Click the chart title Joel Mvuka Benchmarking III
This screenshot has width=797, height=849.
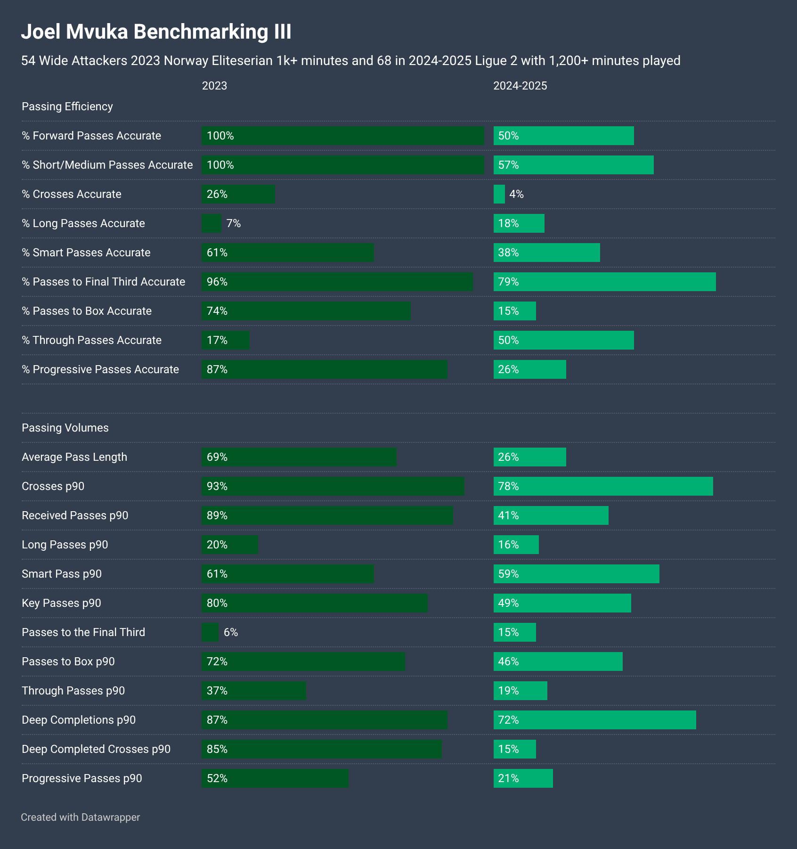pos(156,32)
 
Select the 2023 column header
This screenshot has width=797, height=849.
pos(214,86)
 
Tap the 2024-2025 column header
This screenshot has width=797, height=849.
pos(520,86)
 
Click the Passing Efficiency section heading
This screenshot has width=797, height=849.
pos(67,106)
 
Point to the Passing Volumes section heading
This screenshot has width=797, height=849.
pos(65,428)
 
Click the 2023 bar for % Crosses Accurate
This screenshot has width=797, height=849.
pos(238,194)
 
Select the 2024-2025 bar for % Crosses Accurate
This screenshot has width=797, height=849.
pos(499,194)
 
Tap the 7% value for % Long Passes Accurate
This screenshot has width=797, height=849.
pos(234,223)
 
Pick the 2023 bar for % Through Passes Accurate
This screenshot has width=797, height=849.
pos(226,340)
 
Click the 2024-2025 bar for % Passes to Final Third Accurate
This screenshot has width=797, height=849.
pos(604,282)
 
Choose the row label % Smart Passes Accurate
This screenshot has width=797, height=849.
pos(86,253)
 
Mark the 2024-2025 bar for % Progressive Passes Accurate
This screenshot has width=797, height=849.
pos(529,369)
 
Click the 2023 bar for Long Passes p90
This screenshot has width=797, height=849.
pos(230,545)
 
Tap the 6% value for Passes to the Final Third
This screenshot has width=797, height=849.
pos(231,632)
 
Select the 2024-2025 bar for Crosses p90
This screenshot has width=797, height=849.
pos(603,486)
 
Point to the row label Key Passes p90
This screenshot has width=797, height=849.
pos(61,603)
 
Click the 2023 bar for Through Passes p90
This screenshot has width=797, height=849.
pos(253,691)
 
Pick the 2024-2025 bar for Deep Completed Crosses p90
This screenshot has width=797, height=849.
pos(514,749)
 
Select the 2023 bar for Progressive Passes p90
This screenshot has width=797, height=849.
pos(275,778)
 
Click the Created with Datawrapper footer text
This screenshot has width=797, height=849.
pos(81,817)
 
